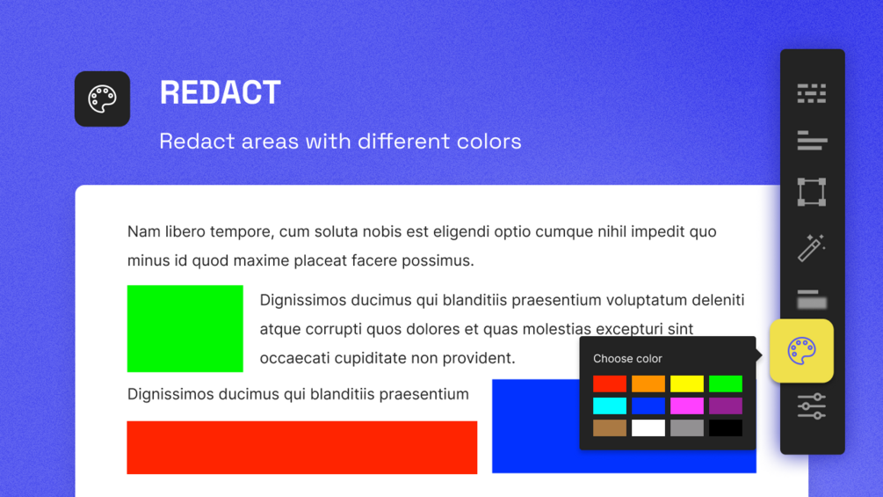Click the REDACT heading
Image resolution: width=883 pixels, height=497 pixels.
point(221,92)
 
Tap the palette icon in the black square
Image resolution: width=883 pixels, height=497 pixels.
point(102,99)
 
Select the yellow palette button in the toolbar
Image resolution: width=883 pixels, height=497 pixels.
point(801,351)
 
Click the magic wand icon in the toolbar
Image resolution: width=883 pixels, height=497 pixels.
point(812,247)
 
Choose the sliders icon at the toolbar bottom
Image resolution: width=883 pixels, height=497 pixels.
point(812,406)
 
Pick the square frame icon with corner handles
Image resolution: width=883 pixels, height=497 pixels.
point(812,192)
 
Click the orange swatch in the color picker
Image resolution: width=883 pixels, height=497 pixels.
point(648,384)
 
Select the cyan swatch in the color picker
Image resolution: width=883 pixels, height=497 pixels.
point(610,406)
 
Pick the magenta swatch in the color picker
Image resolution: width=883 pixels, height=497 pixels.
point(686,406)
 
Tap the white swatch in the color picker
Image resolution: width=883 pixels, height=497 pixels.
point(648,428)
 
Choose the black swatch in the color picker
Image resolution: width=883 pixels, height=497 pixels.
point(726,428)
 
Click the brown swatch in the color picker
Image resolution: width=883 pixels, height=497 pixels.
point(610,428)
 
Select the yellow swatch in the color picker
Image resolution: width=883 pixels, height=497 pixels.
point(686,384)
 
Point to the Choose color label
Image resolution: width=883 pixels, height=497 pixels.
point(627,358)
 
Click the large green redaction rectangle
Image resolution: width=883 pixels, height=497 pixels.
point(185,328)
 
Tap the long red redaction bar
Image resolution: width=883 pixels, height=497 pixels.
point(302,448)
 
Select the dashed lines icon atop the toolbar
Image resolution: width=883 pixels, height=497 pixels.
point(812,93)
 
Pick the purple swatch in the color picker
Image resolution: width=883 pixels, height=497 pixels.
point(726,406)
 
